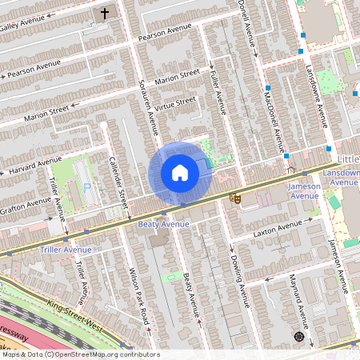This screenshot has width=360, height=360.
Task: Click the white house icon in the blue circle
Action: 180,172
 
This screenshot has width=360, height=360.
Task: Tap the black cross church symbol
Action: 104,14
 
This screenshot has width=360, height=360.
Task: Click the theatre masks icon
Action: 235,197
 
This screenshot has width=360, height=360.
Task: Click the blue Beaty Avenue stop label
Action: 165,225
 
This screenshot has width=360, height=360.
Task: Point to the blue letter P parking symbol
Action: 87,186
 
